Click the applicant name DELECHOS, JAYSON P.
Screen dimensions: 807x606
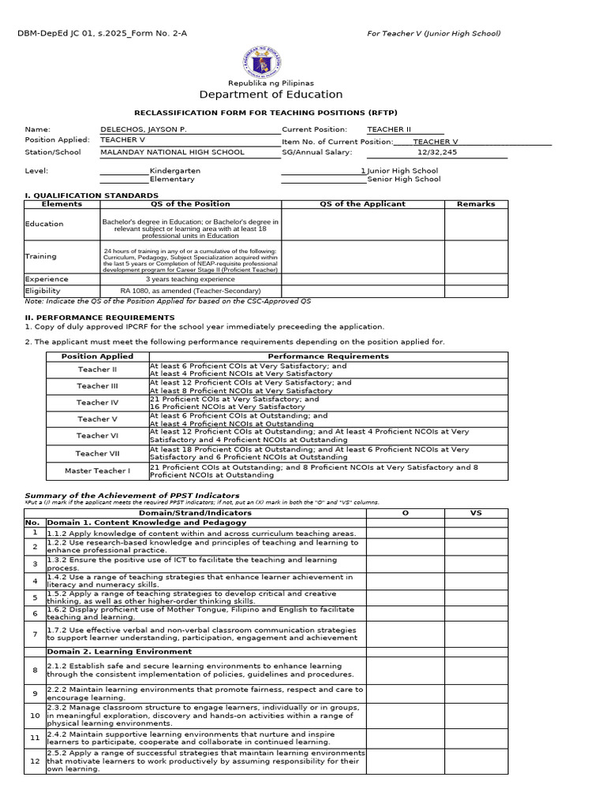point(144,128)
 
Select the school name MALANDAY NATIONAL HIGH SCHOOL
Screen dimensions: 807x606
point(172,152)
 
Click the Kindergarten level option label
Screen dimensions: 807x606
point(175,170)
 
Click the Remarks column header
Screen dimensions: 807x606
point(476,203)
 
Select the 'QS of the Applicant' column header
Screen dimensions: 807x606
point(362,203)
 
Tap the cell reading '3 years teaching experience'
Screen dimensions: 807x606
point(190,279)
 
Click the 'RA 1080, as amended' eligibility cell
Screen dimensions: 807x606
point(190,291)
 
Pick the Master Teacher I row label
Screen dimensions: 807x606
point(97,470)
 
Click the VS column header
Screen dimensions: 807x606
point(476,512)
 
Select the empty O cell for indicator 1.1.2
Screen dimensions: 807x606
point(405,533)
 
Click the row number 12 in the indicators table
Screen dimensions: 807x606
point(35,761)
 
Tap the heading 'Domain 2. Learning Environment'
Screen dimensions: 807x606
point(119,652)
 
